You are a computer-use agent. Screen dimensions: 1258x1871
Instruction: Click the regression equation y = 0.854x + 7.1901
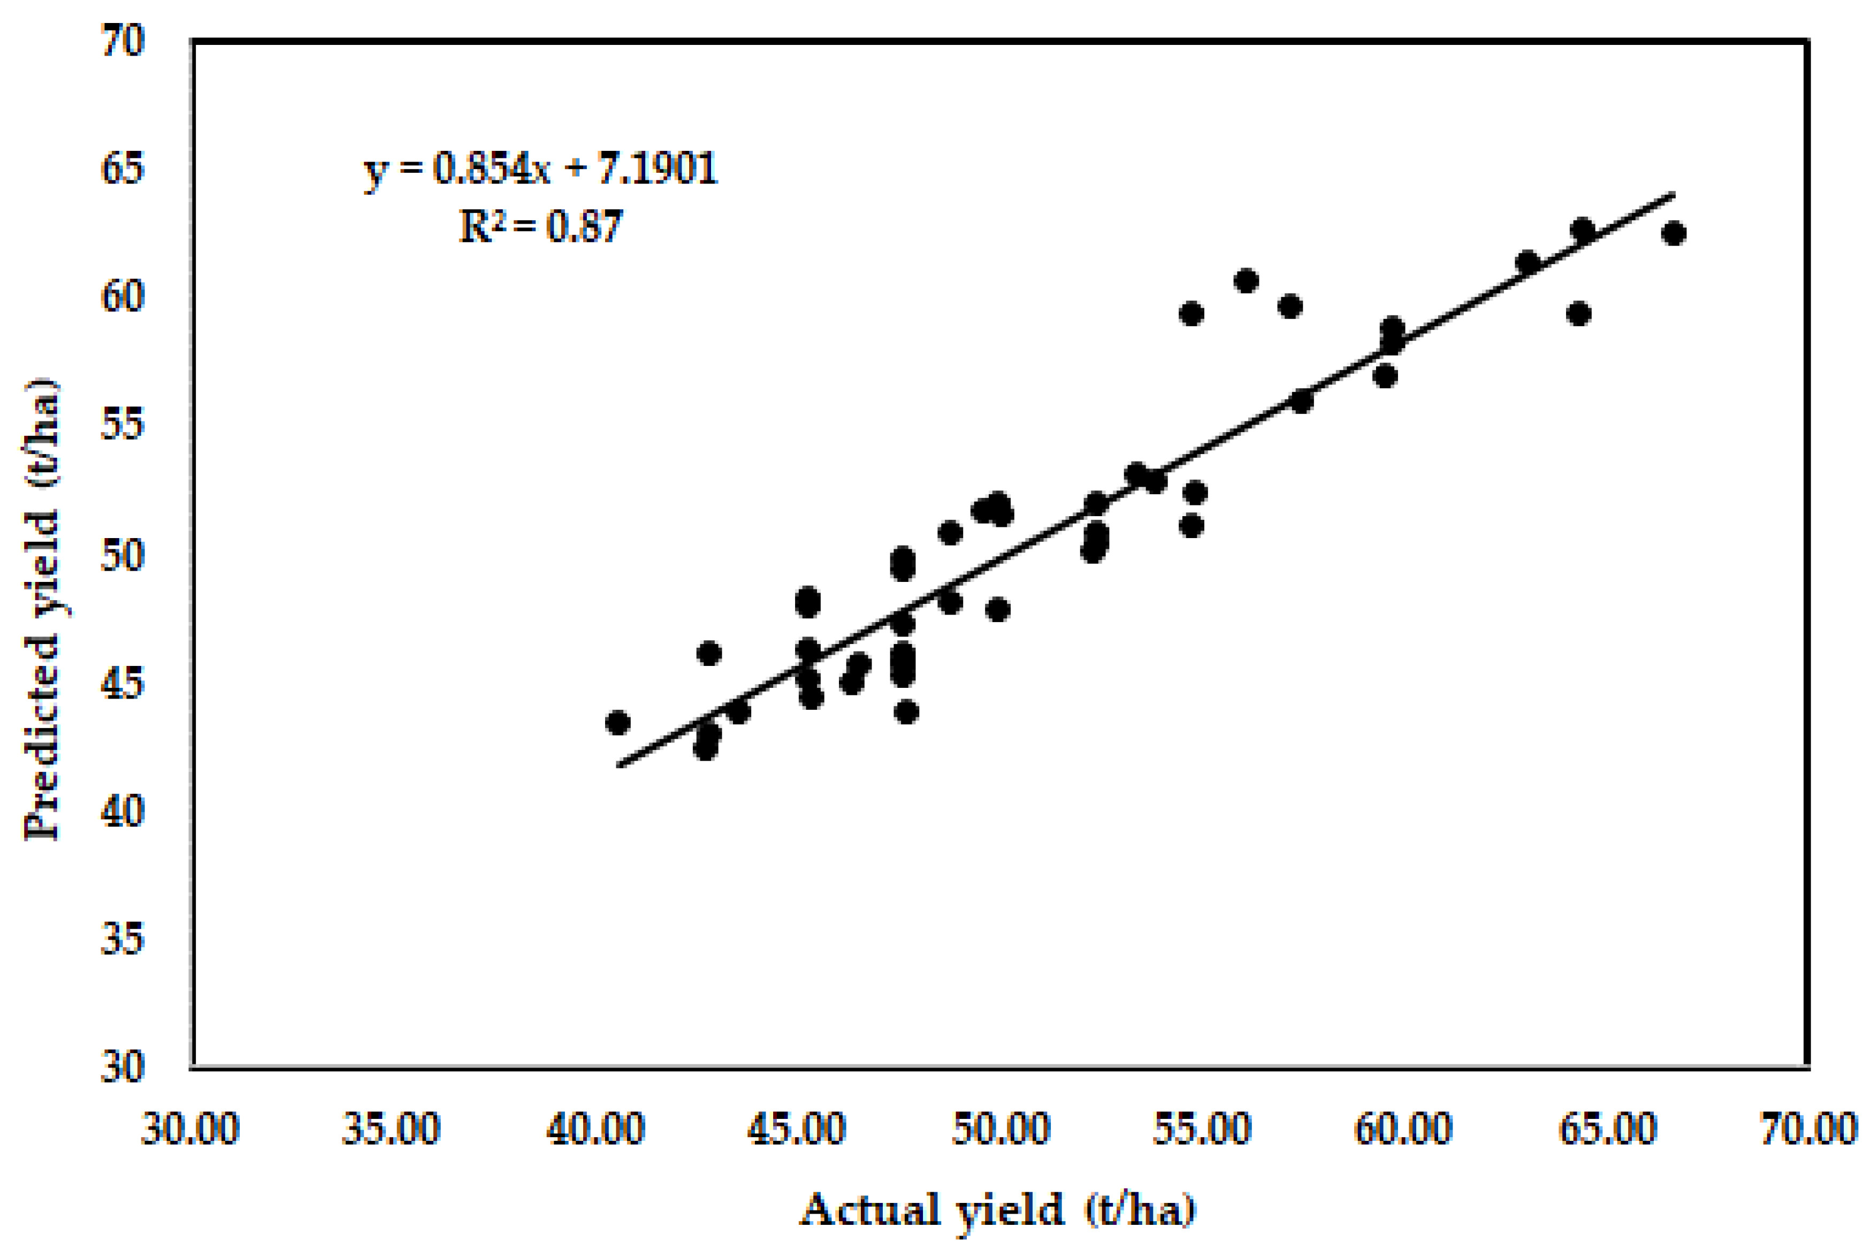point(541,168)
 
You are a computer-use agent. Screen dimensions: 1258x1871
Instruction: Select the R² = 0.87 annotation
point(541,227)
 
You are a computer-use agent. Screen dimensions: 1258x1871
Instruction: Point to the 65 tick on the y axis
point(123,168)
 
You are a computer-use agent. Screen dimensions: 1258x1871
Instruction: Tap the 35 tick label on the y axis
point(123,939)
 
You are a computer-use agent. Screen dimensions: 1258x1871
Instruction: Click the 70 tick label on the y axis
point(123,40)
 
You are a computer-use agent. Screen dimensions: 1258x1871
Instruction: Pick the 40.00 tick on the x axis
point(595,1129)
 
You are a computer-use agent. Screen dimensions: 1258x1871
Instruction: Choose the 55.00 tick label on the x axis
point(1201,1129)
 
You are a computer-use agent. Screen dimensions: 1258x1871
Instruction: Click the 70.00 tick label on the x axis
point(1808,1129)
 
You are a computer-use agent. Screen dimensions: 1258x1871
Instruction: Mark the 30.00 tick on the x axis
point(190,1129)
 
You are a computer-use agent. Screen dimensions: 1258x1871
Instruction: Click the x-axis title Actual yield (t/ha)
point(997,1210)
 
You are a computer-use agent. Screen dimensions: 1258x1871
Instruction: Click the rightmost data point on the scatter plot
point(1674,233)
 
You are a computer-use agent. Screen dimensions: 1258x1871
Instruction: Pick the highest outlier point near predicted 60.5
point(1246,281)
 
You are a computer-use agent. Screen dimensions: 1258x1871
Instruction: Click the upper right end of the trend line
point(1674,194)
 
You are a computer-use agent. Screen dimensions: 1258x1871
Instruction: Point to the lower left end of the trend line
point(618,765)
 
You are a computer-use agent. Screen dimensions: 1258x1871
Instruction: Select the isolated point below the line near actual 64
point(1579,313)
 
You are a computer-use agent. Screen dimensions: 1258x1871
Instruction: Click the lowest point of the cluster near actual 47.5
point(906,711)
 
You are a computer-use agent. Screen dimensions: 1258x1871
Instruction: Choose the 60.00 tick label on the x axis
point(1403,1129)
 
